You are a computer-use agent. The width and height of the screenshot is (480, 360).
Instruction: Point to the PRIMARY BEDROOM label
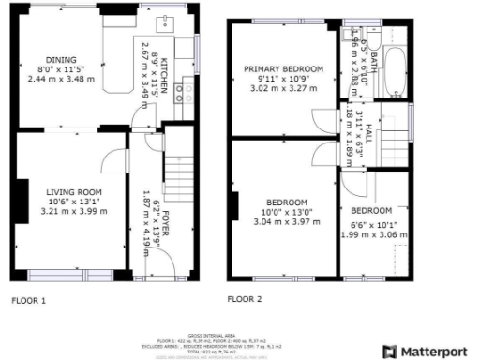tap(283, 69)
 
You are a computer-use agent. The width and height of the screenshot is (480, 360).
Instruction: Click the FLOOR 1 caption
tap(28, 301)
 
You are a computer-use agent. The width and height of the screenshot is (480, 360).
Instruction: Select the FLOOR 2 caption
tap(245, 299)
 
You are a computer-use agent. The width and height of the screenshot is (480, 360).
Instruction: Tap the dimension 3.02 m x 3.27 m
tap(283, 89)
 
